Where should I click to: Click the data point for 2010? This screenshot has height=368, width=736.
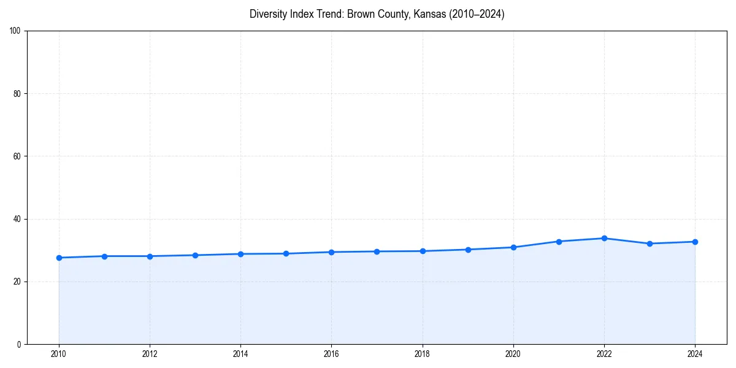tap(59, 258)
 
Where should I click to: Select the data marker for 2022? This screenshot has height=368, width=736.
tap(604, 238)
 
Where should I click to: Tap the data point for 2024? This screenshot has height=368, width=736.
tap(695, 242)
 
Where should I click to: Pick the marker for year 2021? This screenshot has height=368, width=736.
tap(559, 242)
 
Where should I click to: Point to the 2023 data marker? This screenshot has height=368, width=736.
tap(650, 243)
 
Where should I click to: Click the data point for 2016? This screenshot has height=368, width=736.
tap(331, 252)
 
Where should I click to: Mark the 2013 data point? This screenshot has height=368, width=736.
tap(195, 255)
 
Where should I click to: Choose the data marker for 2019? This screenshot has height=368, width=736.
tap(468, 250)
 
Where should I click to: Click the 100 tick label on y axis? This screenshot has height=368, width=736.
tap(15, 31)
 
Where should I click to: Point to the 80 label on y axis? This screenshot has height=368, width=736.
tap(17, 94)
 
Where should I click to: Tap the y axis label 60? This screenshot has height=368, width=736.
tap(17, 156)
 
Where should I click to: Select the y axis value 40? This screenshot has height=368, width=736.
tap(17, 219)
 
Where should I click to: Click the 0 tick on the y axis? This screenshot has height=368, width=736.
tap(19, 344)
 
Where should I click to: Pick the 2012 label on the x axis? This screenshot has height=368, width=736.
tap(150, 354)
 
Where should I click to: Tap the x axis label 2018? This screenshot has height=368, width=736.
tap(422, 354)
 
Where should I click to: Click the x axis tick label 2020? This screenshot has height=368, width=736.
tap(513, 354)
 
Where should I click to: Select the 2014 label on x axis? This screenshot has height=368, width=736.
tap(240, 354)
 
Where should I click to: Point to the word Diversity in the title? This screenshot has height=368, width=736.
tap(269, 14)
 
